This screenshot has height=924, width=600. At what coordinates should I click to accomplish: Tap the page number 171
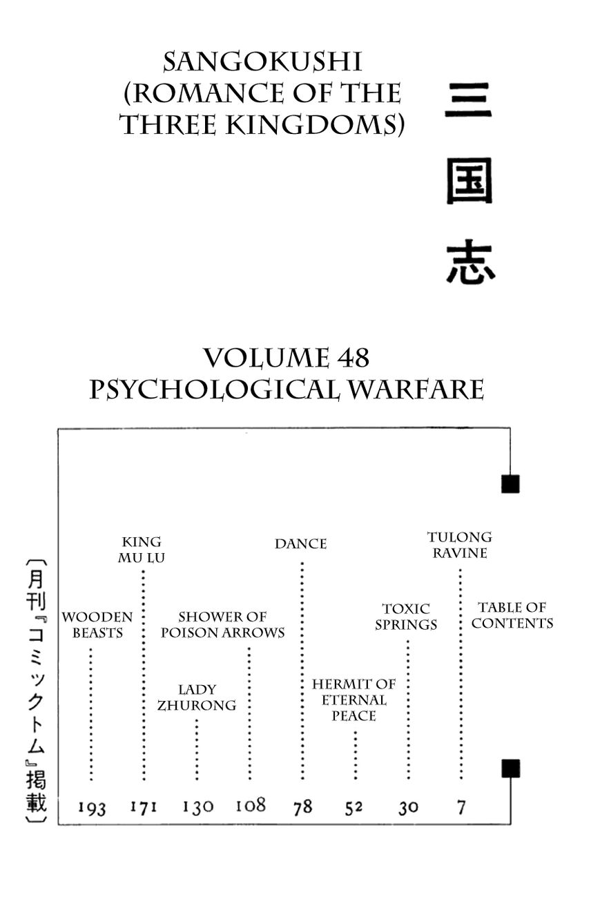[144, 806]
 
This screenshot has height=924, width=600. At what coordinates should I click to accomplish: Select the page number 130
[198, 807]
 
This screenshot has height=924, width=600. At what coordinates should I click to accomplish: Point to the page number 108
[250, 805]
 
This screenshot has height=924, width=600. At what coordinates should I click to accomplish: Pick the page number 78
[302, 807]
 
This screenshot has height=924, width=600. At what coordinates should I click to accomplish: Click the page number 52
[354, 807]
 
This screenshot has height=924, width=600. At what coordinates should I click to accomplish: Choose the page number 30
[408, 807]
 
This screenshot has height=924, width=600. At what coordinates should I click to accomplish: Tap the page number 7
[461, 806]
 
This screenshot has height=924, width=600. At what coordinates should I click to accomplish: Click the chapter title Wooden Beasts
[97, 625]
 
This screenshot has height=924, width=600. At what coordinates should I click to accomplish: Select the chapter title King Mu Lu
[142, 550]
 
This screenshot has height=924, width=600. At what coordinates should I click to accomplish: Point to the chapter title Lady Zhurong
[197, 697]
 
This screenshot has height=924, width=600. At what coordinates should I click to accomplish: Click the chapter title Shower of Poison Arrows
[222, 624]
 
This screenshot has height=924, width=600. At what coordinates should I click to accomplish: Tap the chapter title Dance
[300, 544]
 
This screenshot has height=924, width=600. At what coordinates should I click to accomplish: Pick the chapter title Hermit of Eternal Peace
[354, 700]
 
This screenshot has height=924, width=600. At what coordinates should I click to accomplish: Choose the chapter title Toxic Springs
[406, 617]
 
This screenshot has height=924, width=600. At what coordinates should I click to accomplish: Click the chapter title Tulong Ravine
[459, 545]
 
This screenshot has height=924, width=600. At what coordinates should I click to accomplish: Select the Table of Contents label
[512, 615]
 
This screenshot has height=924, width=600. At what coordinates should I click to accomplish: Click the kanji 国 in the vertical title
[469, 182]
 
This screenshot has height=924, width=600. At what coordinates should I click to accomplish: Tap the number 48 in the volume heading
[354, 358]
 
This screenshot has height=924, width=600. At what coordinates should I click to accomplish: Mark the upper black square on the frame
[510, 484]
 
